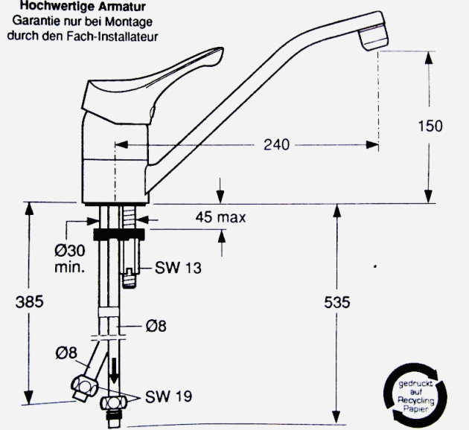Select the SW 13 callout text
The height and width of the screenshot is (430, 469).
click(178, 266)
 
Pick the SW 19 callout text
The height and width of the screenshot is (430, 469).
click(168, 397)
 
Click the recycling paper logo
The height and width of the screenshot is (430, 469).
click(415, 393)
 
